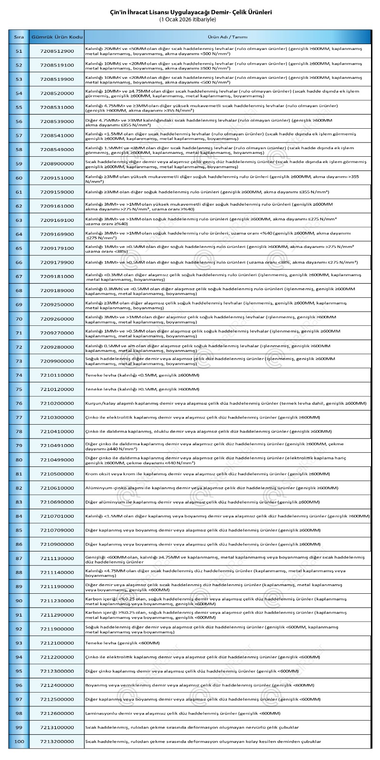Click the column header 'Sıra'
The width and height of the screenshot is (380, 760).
click(x=19, y=37)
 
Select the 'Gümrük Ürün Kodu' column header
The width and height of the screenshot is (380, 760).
click(x=57, y=37)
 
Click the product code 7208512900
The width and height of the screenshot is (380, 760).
click(x=57, y=51)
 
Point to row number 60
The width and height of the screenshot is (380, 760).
click(x=19, y=178)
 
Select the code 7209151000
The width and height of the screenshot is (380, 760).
click(x=57, y=178)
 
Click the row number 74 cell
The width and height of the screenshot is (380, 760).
click(x=19, y=375)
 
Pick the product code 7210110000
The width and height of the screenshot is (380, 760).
click(x=57, y=375)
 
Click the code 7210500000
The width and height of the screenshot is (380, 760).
click(x=57, y=474)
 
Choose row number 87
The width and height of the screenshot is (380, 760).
click(x=19, y=559)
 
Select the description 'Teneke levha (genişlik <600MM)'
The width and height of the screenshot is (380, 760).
click(x=122, y=643)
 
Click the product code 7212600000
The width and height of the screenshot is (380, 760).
click(x=57, y=713)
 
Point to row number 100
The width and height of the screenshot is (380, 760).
click(x=19, y=741)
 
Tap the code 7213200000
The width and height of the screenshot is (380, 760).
click(x=57, y=741)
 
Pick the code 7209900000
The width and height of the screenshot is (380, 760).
click(x=57, y=361)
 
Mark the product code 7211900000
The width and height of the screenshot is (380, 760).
click(x=57, y=629)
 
